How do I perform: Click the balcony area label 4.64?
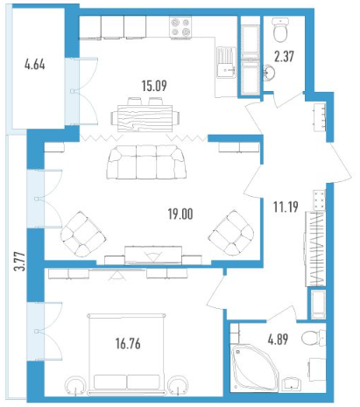click(35, 65)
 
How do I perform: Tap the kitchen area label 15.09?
click(154, 86)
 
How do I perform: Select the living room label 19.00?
click(180, 214)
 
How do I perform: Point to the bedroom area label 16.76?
click(128, 343)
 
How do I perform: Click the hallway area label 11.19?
click(286, 207)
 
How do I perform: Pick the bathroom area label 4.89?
click(278, 340)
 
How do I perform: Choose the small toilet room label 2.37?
click(284, 56)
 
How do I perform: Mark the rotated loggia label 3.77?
click(20, 262)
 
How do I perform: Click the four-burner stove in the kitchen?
click(180, 27)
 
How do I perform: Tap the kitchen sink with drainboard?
click(226, 62)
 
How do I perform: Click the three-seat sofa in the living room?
click(146, 162)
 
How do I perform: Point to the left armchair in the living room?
click(82, 234)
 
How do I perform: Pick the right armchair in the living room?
click(231, 233)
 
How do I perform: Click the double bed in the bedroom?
click(127, 354)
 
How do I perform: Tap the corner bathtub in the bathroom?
click(253, 368)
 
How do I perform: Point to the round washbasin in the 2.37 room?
click(269, 72)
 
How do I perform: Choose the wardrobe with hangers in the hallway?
click(314, 249)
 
